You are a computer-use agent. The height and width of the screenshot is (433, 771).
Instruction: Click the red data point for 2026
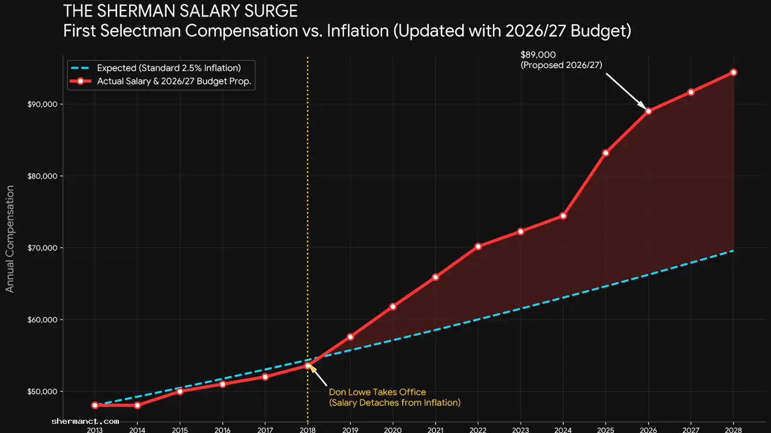pyautogui.click(x=648, y=111)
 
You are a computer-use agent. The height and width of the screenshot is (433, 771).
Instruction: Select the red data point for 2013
pyautogui.click(x=95, y=405)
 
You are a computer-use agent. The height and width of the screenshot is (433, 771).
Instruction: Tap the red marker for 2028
pyautogui.click(x=733, y=72)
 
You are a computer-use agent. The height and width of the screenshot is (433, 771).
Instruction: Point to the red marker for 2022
pyautogui.click(x=478, y=246)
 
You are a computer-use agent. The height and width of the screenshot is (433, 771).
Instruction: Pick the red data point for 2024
pyautogui.click(x=563, y=216)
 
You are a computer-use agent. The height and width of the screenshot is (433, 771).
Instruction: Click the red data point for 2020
pyautogui.click(x=392, y=306)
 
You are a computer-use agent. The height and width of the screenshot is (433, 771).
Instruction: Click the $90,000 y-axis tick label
pyautogui.click(x=44, y=104)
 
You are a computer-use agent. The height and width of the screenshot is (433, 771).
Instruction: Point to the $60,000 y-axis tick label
pyautogui.click(x=44, y=320)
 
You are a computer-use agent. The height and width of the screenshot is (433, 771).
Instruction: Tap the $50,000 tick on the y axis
pyautogui.click(x=44, y=392)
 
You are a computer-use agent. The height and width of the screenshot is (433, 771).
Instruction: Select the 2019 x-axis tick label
pyautogui.click(x=350, y=430)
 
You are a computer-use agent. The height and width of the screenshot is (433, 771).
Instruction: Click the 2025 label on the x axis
pyautogui.click(x=605, y=430)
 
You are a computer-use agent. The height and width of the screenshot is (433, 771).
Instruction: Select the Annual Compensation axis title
pyautogui.click(x=10, y=239)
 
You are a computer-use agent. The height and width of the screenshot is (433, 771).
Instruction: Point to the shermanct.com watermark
pyautogui.click(x=85, y=421)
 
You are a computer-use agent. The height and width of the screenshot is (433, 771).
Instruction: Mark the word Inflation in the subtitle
pyautogui.click(x=357, y=31)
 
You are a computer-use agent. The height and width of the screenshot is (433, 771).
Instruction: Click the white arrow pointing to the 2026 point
pyautogui.click(x=625, y=90)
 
